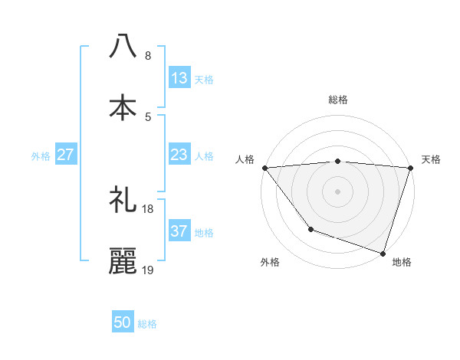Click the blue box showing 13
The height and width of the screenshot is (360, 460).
179,78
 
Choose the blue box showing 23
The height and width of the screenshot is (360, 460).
179,155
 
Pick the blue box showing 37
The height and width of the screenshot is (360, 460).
179,231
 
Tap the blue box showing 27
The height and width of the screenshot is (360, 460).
66,155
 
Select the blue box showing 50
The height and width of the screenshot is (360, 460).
123,323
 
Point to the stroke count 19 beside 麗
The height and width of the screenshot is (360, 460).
147,270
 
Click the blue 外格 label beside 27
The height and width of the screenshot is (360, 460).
41,155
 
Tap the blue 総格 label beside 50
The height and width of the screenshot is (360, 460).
147,324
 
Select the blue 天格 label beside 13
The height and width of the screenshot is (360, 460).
204,79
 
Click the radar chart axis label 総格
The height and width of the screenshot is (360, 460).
338,100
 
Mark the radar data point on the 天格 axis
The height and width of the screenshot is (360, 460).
410,168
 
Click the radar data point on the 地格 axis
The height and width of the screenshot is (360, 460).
382,253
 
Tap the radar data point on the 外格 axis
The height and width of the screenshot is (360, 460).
310,229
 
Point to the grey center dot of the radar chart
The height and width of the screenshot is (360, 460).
337,191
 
